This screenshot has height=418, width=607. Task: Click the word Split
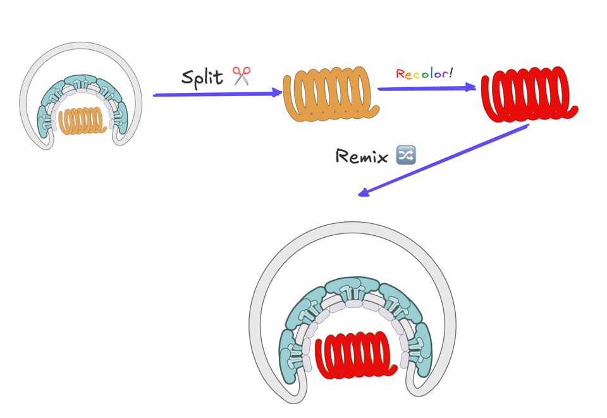(x=202, y=77)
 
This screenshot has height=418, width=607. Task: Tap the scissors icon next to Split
(x=242, y=76)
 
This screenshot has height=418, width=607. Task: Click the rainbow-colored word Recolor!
(x=423, y=73)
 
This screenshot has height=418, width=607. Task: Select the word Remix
(x=361, y=156)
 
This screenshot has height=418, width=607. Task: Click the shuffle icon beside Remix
(x=405, y=155)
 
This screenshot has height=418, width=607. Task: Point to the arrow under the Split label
(x=217, y=94)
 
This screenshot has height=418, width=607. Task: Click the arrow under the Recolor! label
(x=426, y=89)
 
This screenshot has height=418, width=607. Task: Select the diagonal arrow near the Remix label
(x=443, y=159)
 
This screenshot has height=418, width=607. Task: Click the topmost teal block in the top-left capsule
(x=81, y=83)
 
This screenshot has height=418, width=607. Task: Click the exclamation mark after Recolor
(x=451, y=71)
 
